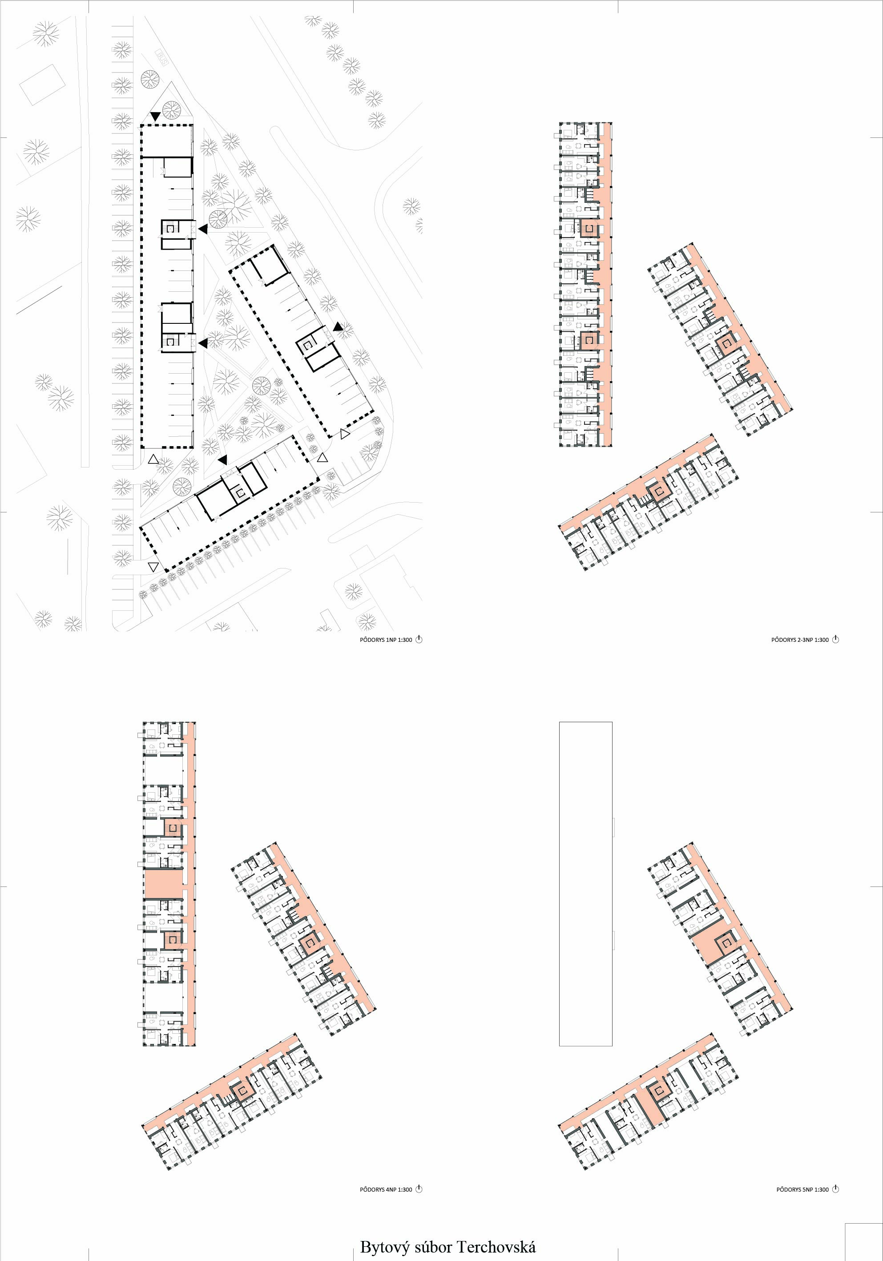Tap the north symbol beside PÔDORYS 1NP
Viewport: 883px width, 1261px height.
[x=419, y=639]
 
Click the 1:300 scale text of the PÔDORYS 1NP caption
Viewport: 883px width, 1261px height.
[x=404, y=640]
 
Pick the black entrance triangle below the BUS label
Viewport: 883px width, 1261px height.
[x=156, y=116]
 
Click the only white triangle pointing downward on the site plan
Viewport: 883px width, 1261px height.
[x=153, y=566]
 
